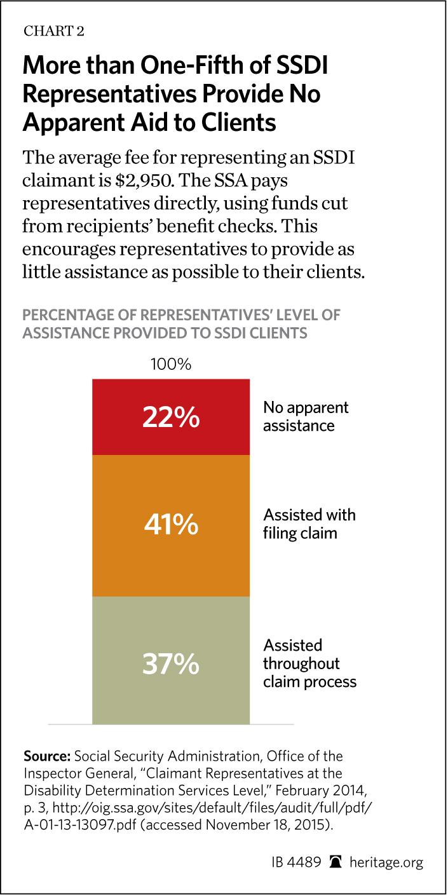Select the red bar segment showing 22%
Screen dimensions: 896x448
coord(170,417)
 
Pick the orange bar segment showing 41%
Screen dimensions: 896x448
coord(170,526)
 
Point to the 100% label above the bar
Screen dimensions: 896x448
coord(170,364)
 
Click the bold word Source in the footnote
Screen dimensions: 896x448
coord(46,757)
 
